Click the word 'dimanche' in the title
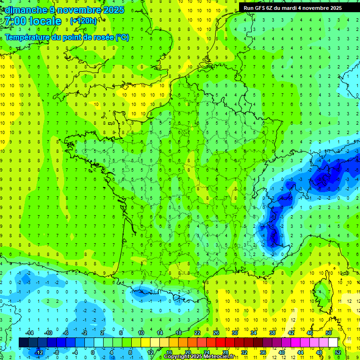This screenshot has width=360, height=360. coord(24,10)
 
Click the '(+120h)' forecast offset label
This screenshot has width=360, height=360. coord(83,21)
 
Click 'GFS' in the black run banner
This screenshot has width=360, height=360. coord(261,8)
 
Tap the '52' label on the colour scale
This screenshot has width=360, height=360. coord(337,352)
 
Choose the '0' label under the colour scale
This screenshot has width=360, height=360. coord(93,352)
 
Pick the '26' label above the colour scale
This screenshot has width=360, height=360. coord(216,333)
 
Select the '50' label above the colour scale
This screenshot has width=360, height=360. coord(329,333)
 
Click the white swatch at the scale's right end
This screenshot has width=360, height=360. coord(333,343)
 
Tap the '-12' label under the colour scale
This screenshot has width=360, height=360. coord(39,352)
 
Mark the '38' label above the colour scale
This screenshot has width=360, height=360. coord(272,333)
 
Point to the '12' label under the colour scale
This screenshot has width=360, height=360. coord(150,352)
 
